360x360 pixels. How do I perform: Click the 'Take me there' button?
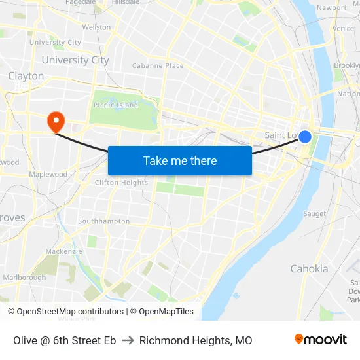180,160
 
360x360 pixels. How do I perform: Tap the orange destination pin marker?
56,120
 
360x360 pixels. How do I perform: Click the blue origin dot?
304,137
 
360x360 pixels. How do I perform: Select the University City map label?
75,60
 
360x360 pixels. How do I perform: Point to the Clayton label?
26,76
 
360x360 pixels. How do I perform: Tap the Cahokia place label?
309,268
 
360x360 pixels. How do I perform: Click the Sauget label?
314,214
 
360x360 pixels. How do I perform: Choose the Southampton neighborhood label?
104,221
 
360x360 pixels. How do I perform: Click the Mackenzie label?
64,251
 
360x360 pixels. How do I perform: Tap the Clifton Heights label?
122,183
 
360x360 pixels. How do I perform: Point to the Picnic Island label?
116,105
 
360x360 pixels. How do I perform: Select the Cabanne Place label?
158,66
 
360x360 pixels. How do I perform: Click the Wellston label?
96,27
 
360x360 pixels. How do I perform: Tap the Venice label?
343,29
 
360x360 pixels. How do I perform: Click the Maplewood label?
48,175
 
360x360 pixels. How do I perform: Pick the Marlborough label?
25,278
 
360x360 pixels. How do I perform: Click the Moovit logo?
320,340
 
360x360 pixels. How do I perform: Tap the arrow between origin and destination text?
128,340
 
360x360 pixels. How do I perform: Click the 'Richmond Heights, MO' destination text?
196,340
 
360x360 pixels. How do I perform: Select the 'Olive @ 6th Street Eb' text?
65,340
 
